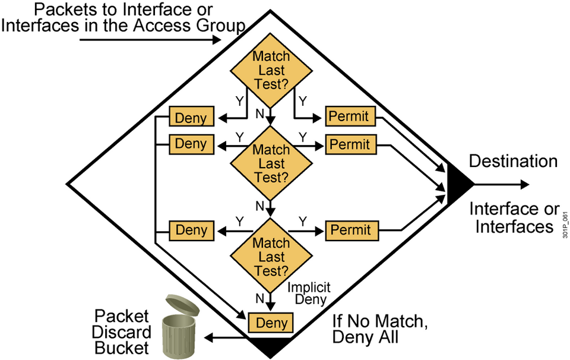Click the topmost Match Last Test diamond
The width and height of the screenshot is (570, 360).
pos(271,71)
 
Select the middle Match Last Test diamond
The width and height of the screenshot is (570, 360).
pos(271,163)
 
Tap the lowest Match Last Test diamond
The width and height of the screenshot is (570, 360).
pos(271,257)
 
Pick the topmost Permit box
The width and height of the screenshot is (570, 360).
pos(350,116)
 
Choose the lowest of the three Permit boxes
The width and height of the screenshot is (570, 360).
pos(350,230)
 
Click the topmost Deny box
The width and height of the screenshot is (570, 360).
pos(191,118)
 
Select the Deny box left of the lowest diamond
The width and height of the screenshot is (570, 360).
pos(191,230)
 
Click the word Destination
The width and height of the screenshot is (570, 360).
pos(513,162)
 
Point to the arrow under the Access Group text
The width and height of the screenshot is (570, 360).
pos(148,40)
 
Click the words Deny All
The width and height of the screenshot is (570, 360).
pos(364,337)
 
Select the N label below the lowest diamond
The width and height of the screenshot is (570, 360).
pos(259,298)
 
